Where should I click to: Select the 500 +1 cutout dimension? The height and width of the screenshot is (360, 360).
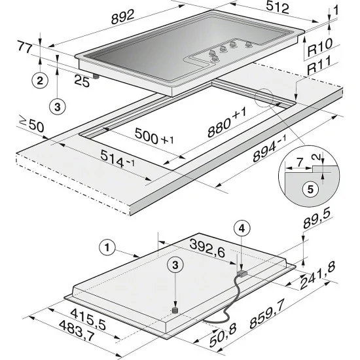click(154, 139)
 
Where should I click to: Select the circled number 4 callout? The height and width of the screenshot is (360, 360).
click(242, 228)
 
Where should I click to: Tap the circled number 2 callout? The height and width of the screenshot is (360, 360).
click(41, 81)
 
